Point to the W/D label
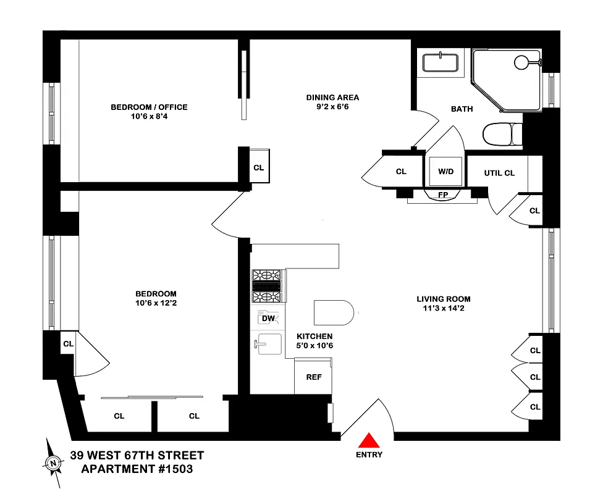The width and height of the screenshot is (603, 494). tap(445, 172)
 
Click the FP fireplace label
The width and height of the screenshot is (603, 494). tap(442, 195)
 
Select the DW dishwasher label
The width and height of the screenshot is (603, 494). tap(268, 319)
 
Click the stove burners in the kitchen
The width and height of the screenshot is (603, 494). tap(267, 287)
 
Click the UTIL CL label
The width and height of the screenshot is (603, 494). tap(499, 174)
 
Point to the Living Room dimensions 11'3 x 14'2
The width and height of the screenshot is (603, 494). tap(439, 309)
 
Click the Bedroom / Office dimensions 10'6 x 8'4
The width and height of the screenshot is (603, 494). tap(149, 117)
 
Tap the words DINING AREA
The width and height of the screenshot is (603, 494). tap(332, 98)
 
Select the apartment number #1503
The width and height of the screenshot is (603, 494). tap(171, 469)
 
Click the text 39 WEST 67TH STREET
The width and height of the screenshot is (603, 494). tap(137, 456)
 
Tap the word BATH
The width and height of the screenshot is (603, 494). tap(462, 109)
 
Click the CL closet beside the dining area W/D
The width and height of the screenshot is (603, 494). tap(400, 172)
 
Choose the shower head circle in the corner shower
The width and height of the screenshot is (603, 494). tap(522, 62)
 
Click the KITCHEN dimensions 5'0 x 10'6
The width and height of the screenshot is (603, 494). tap(315, 346)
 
